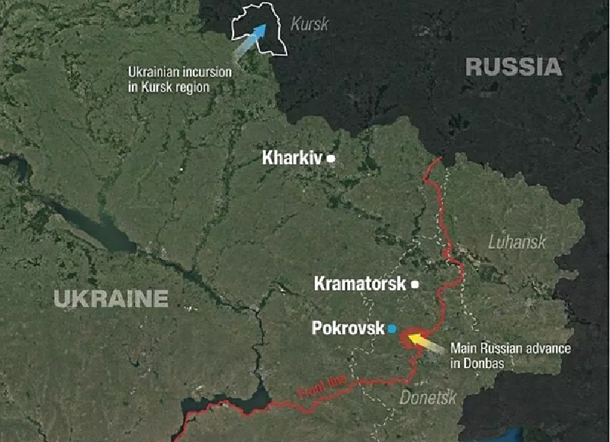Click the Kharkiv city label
pos(293,159)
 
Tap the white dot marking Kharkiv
pos(331,159)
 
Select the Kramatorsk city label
pos(361,284)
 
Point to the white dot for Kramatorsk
pos(415,284)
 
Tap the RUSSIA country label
pos(513,66)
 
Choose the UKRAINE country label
pos(111,297)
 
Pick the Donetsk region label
pos(428,397)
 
